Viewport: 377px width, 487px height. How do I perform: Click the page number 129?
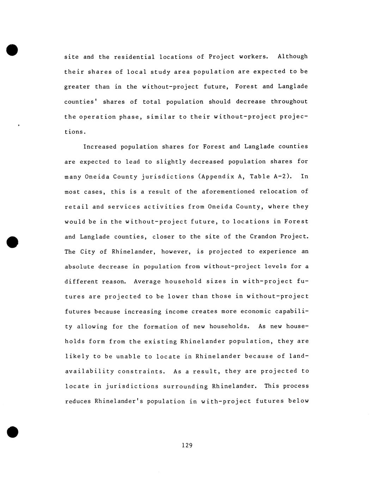tap(187, 445)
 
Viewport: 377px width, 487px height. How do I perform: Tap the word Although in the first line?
tap(292, 56)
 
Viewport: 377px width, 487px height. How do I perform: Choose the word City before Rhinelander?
tap(87, 252)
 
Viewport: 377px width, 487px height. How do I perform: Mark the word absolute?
tap(79, 267)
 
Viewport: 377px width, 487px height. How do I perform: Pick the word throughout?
tap(289, 102)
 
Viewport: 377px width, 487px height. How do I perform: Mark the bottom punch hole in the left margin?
tap(12, 432)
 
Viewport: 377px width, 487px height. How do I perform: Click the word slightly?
tap(171, 162)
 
